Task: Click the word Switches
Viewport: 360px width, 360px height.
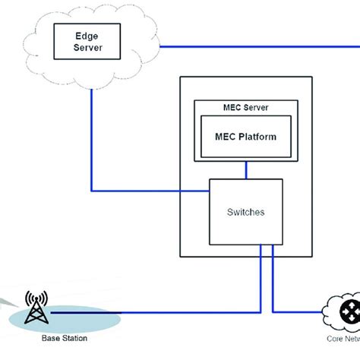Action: point(245,213)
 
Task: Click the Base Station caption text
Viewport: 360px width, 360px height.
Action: point(63,338)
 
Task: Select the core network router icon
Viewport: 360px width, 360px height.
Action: point(349,311)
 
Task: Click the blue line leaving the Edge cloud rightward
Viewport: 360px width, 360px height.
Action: point(258,49)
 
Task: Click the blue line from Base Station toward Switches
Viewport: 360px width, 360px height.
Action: point(190,312)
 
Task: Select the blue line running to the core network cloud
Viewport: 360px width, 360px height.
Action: point(296,312)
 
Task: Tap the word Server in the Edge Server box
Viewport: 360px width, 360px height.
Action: point(88,47)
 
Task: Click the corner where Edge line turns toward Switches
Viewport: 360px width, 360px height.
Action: point(92,190)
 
